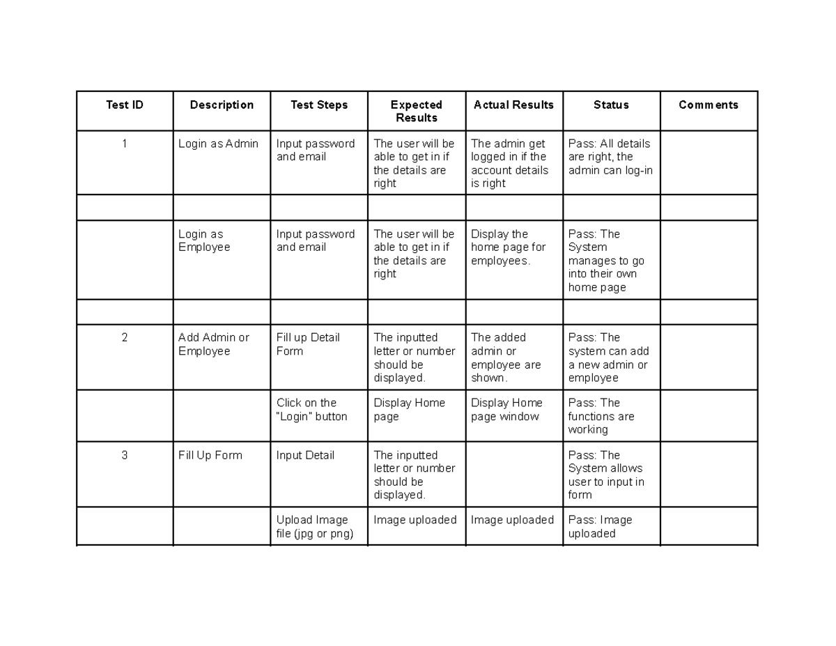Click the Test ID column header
point(125,105)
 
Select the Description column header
point(222,105)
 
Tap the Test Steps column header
point(319,105)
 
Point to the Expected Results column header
point(417,111)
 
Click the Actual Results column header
point(513,105)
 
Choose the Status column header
point(611,105)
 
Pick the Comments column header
point(709,105)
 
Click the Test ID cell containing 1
point(125,144)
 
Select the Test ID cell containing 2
point(125,338)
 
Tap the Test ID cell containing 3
point(125,456)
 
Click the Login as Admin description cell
point(218,144)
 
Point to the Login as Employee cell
point(204,241)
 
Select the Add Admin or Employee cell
point(213,344)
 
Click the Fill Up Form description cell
point(210,456)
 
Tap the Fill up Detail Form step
point(308,344)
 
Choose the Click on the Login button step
point(311,410)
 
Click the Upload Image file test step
point(315,527)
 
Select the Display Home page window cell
point(506,410)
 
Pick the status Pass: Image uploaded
point(601,527)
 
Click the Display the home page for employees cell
point(509,247)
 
